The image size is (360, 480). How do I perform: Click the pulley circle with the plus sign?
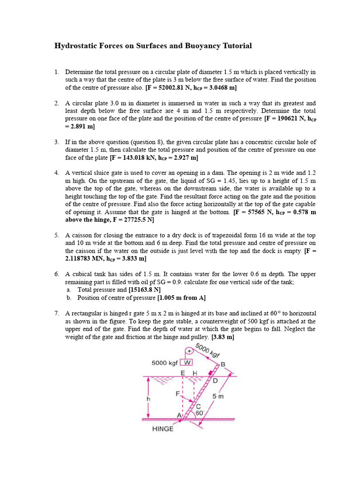(x=190, y=351)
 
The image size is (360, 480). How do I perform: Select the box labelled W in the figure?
(x=187, y=362)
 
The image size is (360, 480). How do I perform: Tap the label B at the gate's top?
(x=223, y=364)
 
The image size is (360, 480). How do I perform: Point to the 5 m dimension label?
(x=218, y=396)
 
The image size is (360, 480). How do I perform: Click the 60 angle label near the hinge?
(x=199, y=413)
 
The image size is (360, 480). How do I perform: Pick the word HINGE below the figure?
(x=163, y=428)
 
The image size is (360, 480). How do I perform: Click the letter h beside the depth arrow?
(x=148, y=398)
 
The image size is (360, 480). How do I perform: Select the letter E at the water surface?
(x=183, y=372)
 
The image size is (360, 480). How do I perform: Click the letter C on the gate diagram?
(x=198, y=406)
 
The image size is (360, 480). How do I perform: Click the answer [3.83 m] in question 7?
(x=223, y=337)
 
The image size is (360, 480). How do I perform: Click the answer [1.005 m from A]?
(x=181, y=298)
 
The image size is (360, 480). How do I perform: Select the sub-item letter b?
(x=68, y=298)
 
